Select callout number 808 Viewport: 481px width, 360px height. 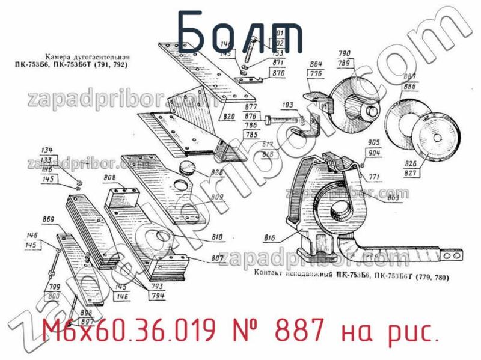click(110, 178)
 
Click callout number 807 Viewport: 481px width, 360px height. click(217, 260)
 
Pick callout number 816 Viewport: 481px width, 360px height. click(269, 239)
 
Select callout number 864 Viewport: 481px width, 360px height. click(317, 64)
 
